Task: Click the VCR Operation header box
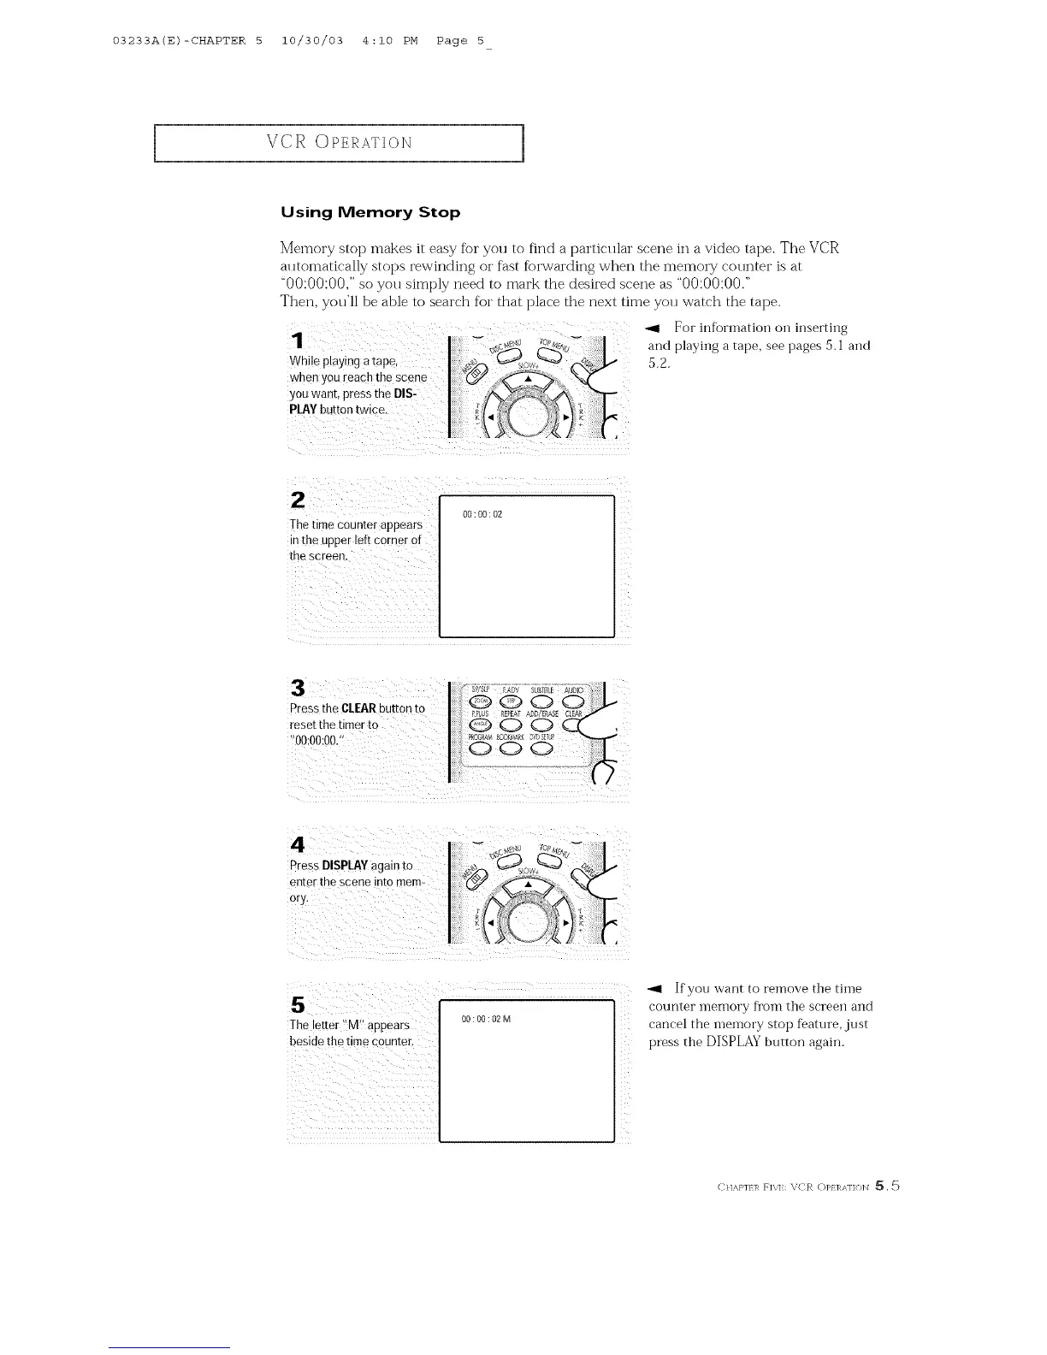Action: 338,143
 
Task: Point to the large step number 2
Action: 298,500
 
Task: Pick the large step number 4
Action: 298,844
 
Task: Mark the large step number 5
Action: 297,1003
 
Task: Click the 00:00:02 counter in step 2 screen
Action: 482,515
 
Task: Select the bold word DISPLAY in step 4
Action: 345,865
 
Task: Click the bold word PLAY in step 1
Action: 305,410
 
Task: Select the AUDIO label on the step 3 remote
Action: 573,690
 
